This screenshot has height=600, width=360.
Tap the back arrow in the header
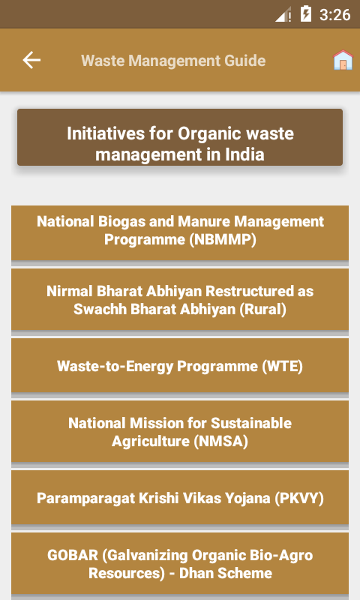click(x=31, y=61)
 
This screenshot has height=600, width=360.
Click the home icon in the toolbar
click(x=343, y=60)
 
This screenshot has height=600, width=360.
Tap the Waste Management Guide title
click(x=173, y=61)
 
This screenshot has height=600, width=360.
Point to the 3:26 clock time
click(x=334, y=15)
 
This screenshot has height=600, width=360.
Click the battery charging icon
click(x=306, y=14)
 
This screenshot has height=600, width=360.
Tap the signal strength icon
click(x=283, y=15)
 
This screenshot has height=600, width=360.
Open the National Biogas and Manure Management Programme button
click(x=180, y=233)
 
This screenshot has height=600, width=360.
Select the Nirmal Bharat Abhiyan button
click(x=180, y=299)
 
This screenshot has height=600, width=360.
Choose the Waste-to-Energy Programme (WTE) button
click(x=180, y=365)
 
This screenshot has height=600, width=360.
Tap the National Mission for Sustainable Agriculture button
click(x=180, y=432)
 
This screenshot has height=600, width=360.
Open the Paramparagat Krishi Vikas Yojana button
click(x=180, y=497)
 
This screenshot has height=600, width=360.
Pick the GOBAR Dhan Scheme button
click(x=180, y=564)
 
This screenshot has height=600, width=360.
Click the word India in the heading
click(x=244, y=154)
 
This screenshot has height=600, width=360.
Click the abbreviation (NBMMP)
click(x=223, y=240)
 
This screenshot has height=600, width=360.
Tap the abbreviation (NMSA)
click(x=220, y=442)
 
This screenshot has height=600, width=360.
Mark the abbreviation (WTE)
click(x=282, y=367)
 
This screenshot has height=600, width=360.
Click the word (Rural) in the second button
click(x=262, y=310)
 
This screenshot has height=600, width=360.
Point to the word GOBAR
click(x=72, y=556)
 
